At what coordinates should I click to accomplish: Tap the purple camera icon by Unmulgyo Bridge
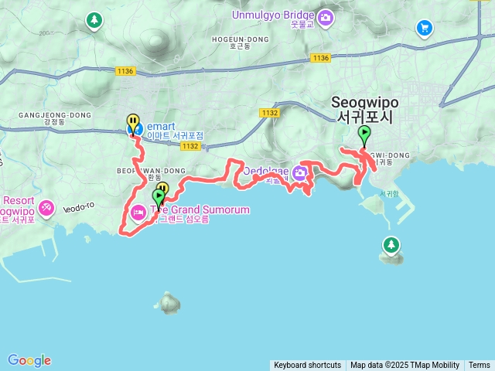click(326, 16)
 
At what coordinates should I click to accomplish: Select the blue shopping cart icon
click(424, 29)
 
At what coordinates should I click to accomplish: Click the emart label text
click(163, 125)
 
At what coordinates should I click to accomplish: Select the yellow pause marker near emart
click(134, 122)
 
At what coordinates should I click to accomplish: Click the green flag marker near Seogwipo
click(364, 134)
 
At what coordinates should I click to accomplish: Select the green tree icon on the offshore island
click(391, 246)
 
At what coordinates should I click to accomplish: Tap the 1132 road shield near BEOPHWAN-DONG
click(193, 145)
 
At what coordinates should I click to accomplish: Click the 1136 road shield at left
click(125, 71)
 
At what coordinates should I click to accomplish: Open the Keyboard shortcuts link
click(307, 366)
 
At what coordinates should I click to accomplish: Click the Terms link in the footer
click(480, 366)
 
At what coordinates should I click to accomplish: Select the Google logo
click(29, 360)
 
